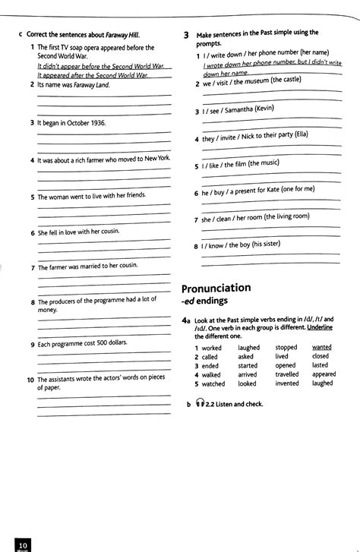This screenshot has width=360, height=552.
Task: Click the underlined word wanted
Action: coord(321,347)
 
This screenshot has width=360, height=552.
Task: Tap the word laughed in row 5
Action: coord(322,383)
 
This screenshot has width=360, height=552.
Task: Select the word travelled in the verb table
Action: coord(287,374)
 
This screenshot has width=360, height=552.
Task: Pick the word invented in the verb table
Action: coord(286,383)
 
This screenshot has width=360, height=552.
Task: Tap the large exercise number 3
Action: coord(186,36)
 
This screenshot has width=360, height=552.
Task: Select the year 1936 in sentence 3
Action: coord(94,122)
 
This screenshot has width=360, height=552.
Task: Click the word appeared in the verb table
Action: coord(324,374)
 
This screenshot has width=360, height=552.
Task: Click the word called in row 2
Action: coord(210,356)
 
